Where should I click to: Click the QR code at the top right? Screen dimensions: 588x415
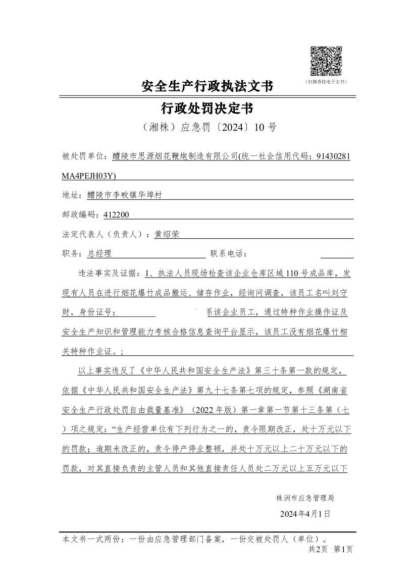[326, 61]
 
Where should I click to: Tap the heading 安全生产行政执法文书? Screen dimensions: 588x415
[207, 87]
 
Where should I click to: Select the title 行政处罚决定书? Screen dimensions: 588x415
[207, 108]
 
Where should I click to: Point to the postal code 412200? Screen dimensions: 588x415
[116, 215]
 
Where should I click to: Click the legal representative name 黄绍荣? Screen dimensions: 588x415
[167, 234]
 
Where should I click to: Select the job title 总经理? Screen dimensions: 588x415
[99, 253]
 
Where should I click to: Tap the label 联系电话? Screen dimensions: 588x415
[228, 253]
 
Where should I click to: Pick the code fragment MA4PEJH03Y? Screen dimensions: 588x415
[89, 175]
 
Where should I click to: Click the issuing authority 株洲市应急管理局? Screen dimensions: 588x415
[305, 498]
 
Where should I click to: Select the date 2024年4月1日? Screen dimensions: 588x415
[305, 514]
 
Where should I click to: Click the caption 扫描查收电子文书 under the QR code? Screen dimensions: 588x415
[326, 81]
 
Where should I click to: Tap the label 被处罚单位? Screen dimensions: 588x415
[84, 156]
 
